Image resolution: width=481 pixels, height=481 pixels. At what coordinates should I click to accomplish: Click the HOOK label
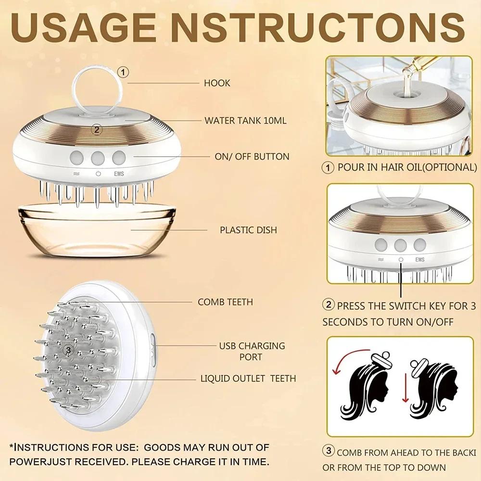[x=217, y=83]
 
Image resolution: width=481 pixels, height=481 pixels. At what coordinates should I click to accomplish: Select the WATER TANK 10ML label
[x=245, y=120]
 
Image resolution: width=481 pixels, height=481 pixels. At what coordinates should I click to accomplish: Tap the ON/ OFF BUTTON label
[x=252, y=157]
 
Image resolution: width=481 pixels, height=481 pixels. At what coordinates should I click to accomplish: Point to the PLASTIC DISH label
[x=248, y=230]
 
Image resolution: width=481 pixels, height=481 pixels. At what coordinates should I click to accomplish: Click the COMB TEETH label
[x=225, y=302]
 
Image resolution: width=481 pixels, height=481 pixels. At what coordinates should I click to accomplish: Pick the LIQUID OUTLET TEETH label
[x=248, y=379]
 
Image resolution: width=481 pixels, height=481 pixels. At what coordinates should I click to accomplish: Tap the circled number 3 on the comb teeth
[x=68, y=350]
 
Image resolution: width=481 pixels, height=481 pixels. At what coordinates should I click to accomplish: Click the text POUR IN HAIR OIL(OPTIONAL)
[x=406, y=167]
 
